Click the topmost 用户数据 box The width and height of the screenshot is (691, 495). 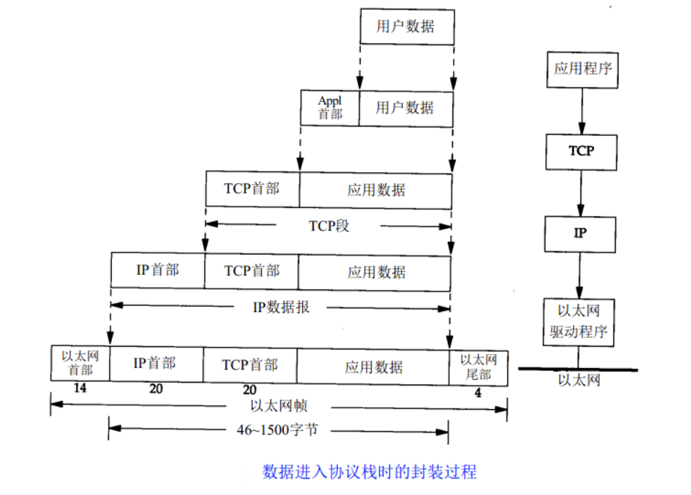[x=407, y=27]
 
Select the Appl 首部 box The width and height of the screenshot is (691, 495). [x=330, y=108]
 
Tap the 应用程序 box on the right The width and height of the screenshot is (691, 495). [x=582, y=70]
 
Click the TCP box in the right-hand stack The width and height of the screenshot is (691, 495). [x=582, y=152]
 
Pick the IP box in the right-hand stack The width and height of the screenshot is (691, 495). [x=581, y=235]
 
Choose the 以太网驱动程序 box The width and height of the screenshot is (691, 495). [x=579, y=322]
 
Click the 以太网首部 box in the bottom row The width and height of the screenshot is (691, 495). [x=80, y=363]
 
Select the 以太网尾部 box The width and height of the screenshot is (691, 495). [x=478, y=368]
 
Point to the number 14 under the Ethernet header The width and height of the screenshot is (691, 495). [x=80, y=388]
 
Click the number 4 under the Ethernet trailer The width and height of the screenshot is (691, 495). [x=478, y=393]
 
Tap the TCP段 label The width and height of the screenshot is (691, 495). [x=329, y=226]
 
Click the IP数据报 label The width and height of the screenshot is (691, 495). [x=281, y=307]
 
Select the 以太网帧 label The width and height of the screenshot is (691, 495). [x=279, y=405]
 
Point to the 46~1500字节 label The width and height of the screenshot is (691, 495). [x=277, y=430]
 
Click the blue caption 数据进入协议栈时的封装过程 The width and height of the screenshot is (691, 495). [x=369, y=471]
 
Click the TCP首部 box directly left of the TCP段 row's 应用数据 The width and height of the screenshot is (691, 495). [x=253, y=189]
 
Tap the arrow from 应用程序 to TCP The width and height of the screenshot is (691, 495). [x=582, y=112]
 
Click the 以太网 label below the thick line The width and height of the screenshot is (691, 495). [x=579, y=380]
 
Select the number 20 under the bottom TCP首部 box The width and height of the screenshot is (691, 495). [x=250, y=390]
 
